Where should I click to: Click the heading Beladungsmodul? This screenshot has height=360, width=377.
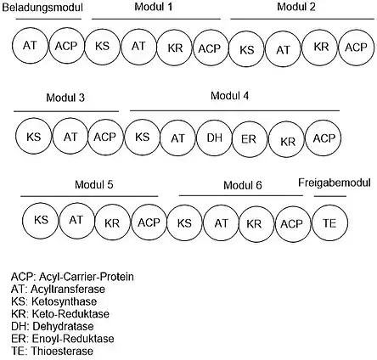(x=42, y=8)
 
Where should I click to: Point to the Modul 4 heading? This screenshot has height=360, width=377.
(x=229, y=96)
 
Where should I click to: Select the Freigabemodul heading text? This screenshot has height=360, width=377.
(x=335, y=183)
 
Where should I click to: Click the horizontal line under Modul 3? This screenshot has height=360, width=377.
(x=66, y=111)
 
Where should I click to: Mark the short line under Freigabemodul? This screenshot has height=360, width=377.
(x=330, y=196)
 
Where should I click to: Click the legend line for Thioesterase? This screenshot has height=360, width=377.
(x=53, y=351)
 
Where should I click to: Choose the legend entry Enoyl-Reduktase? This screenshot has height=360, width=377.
(x=63, y=339)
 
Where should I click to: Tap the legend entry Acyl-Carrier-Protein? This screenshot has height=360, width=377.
(x=72, y=277)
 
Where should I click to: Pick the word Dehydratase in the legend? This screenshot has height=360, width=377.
(x=63, y=326)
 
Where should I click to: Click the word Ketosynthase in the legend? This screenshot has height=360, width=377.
(x=64, y=301)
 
